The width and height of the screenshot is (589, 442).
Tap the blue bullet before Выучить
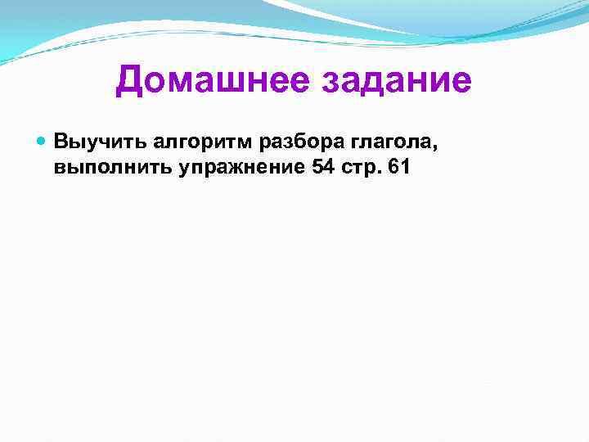(43, 140)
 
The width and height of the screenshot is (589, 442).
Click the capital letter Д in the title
(130, 82)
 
